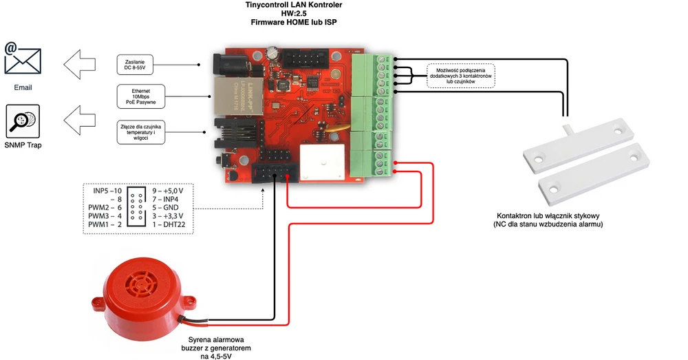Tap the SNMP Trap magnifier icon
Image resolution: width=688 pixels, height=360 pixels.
(x=23, y=121)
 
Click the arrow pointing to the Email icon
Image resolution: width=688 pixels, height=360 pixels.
(x=80, y=65)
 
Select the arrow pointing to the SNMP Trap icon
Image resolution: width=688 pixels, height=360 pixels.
(x=80, y=122)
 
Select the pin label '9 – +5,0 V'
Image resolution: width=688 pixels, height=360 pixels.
(x=167, y=190)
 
